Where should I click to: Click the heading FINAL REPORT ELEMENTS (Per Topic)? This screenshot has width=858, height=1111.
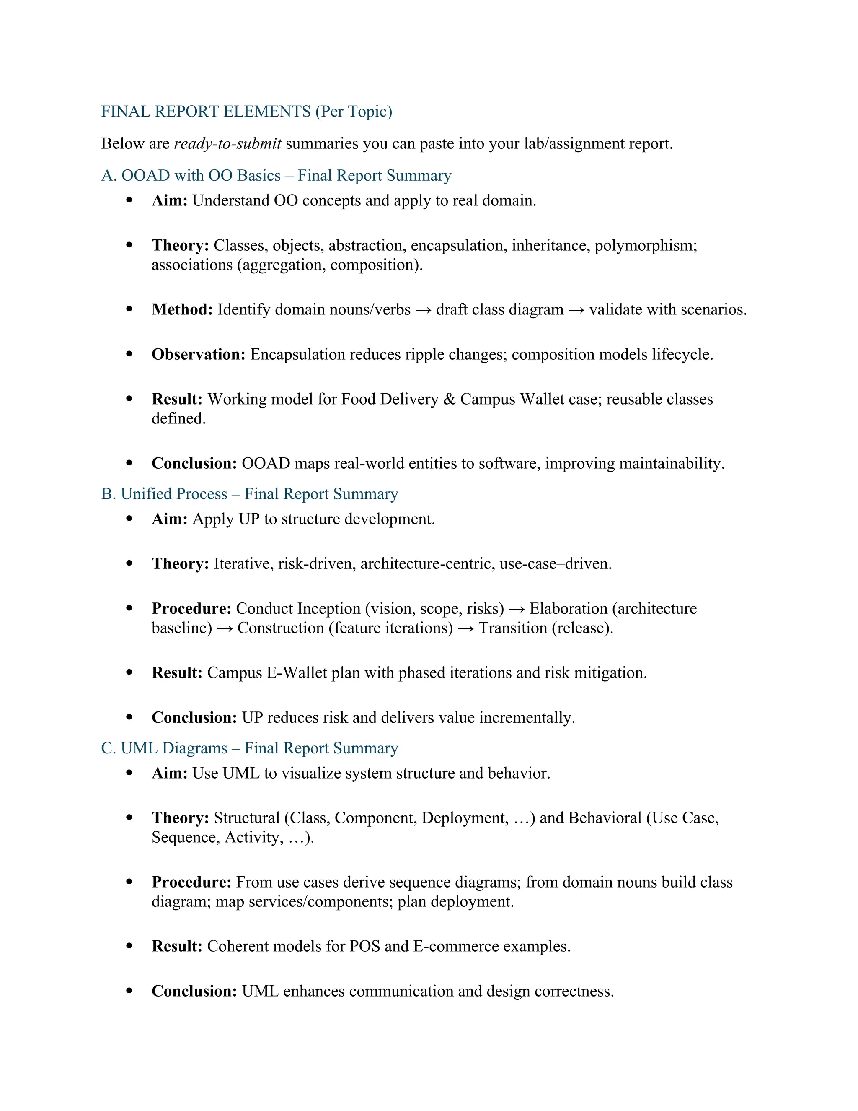(246, 112)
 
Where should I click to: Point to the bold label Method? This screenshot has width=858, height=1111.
(182, 309)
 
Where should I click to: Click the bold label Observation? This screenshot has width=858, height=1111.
(199, 354)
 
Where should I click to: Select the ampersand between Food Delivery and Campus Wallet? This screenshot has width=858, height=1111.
(449, 399)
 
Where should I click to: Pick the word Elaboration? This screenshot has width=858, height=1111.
(568, 608)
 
